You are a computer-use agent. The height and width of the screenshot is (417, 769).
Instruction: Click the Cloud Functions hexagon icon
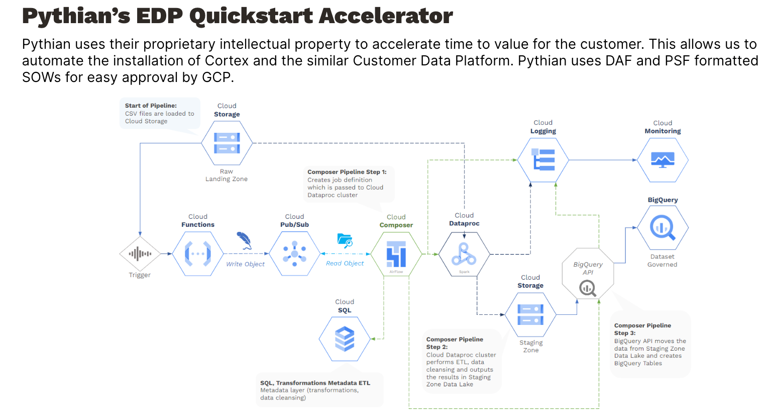coord(198,254)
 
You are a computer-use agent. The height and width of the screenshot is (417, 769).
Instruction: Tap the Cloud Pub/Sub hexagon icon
coord(294,254)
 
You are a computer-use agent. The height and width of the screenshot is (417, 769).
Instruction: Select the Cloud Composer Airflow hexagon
coord(396,254)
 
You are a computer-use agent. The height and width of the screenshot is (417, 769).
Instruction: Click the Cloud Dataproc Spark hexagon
coord(464,254)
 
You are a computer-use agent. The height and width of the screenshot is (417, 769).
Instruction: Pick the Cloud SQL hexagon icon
coord(345,339)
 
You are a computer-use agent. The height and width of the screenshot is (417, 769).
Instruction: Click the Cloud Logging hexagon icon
coord(543,160)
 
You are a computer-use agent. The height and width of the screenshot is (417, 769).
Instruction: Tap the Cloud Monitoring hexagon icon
coord(663,160)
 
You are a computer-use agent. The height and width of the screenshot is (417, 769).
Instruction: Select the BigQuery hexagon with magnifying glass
coord(663,228)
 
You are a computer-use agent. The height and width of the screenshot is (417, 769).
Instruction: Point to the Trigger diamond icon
coord(140,254)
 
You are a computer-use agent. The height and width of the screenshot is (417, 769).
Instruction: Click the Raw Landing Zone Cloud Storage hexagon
coord(227,143)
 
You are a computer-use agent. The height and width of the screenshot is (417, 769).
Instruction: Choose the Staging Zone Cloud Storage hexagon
coord(530,314)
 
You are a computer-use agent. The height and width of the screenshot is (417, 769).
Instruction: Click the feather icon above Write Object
coord(244,240)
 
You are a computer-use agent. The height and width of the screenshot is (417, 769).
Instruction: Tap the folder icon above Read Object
coord(345,240)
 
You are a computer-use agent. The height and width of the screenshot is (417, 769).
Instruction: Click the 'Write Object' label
coord(245,264)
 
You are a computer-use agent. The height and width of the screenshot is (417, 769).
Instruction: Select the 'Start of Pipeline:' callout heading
coord(151,106)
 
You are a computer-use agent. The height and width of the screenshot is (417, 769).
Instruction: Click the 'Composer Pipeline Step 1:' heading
coord(347,172)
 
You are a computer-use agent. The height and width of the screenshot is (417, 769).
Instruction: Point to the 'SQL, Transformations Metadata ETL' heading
coord(315,383)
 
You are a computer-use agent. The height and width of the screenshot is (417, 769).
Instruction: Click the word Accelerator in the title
coord(386,16)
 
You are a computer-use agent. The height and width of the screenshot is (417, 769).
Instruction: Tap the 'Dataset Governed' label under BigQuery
coord(662,261)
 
